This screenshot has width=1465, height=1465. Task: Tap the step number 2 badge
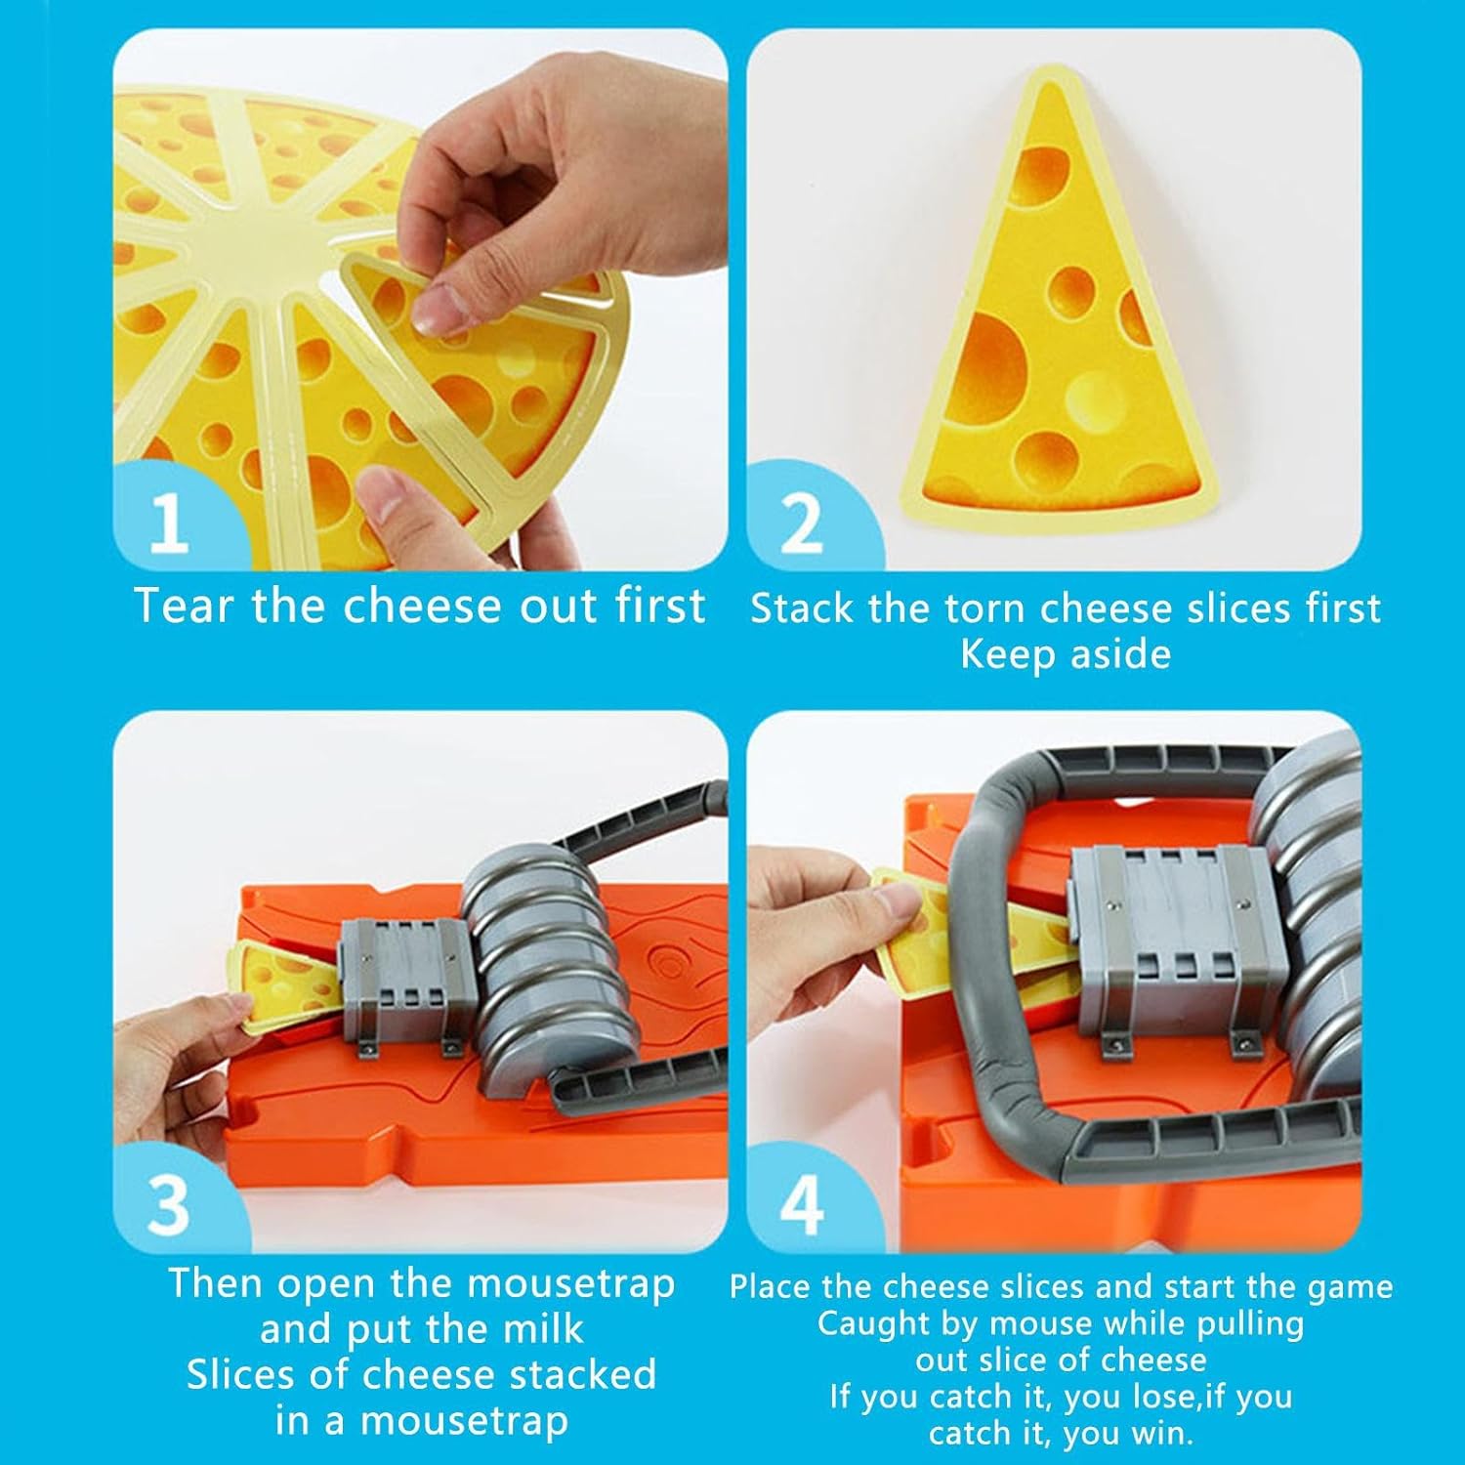(802, 522)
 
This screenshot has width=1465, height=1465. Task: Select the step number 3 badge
(168, 1203)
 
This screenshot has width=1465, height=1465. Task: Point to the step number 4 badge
(802, 1203)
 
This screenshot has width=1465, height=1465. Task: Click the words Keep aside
(1066, 653)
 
